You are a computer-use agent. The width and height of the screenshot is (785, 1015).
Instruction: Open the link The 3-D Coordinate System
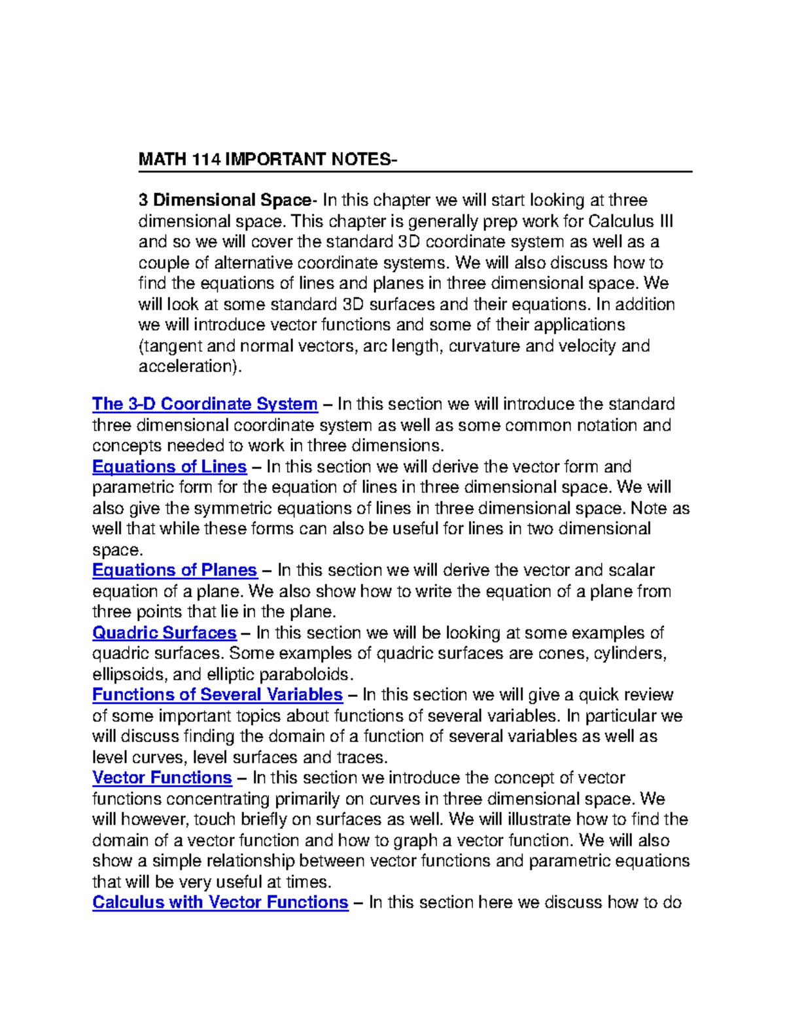(205, 404)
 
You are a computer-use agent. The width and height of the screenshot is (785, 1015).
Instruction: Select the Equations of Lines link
(169, 467)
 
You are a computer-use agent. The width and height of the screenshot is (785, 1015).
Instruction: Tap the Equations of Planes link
(175, 570)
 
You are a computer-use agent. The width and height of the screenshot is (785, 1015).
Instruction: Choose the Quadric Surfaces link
(164, 633)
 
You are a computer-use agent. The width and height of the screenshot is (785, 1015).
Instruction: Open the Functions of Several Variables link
(217, 694)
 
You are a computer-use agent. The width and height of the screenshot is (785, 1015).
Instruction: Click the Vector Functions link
(162, 778)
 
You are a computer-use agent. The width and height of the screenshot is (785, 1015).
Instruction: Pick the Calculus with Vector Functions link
(220, 902)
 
